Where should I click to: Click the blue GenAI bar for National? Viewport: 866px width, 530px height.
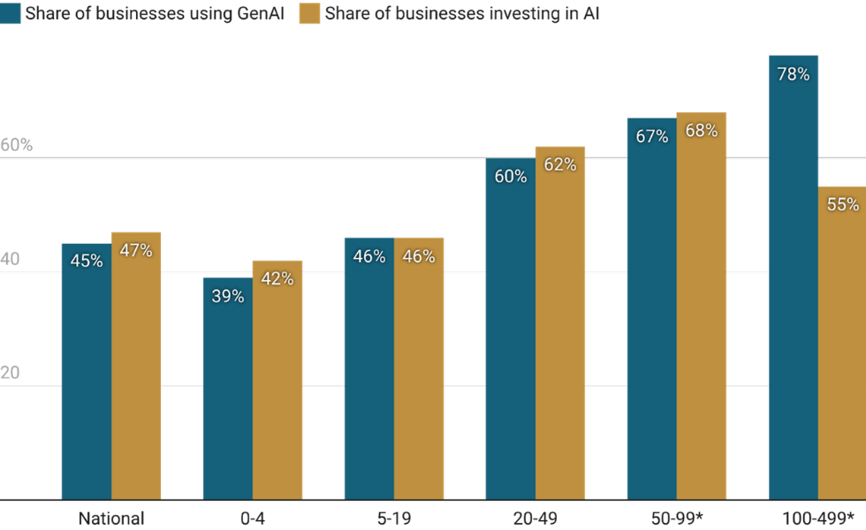(87, 371)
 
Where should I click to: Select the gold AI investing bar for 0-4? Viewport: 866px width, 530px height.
(277, 380)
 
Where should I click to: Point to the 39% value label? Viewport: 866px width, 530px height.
(228, 296)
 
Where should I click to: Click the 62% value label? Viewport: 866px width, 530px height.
(560, 164)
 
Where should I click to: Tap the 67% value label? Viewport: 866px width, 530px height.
(652, 137)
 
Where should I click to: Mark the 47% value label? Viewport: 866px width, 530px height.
(136, 250)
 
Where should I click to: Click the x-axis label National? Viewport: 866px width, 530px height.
(111, 519)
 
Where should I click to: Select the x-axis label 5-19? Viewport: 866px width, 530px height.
(394, 519)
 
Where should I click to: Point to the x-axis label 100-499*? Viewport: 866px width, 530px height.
(818, 519)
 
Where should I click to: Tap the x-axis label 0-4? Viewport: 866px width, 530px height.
(253, 519)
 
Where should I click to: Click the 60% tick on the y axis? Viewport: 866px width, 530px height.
(17, 145)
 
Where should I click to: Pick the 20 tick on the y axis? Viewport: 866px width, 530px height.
(11, 373)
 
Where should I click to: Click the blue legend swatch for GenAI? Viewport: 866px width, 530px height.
(11, 13)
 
